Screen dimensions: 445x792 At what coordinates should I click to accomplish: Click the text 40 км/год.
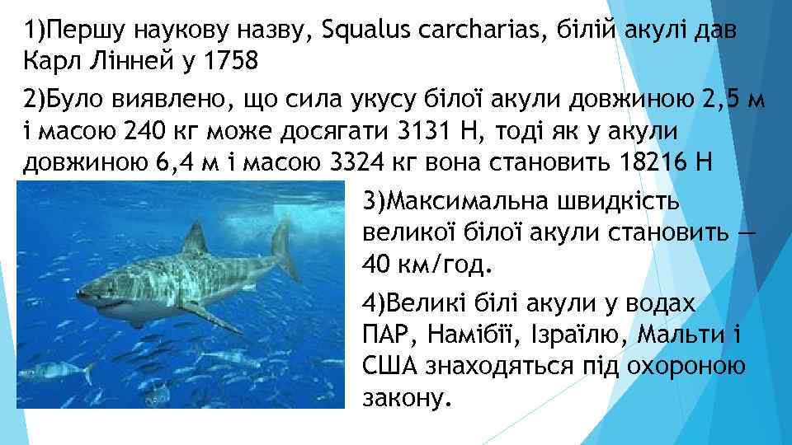coord(426,265)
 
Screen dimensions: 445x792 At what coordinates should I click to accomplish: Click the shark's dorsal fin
coord(195,239)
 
